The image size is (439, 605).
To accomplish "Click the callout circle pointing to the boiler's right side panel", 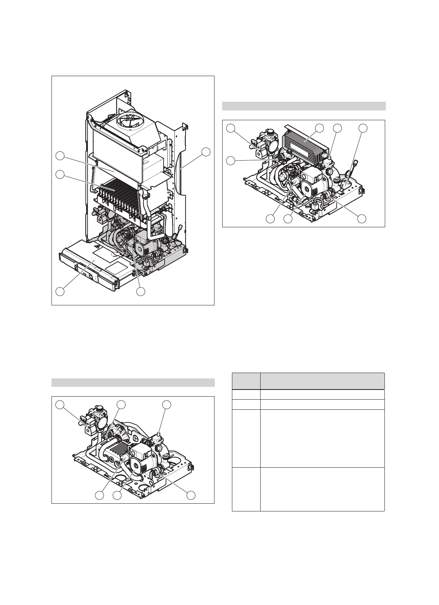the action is point(206,152).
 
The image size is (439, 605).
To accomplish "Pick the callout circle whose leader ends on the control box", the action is point(60,291).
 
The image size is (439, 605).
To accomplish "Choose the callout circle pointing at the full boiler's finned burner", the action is point(60,174).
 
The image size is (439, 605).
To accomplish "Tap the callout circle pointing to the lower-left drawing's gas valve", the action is point(60,404).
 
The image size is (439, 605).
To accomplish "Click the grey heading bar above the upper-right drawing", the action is point(304,106).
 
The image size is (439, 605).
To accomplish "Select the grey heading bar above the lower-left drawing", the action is point(133,382).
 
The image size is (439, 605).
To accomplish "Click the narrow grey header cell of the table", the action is point(246,381).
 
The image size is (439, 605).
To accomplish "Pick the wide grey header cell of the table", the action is point(323,381).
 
